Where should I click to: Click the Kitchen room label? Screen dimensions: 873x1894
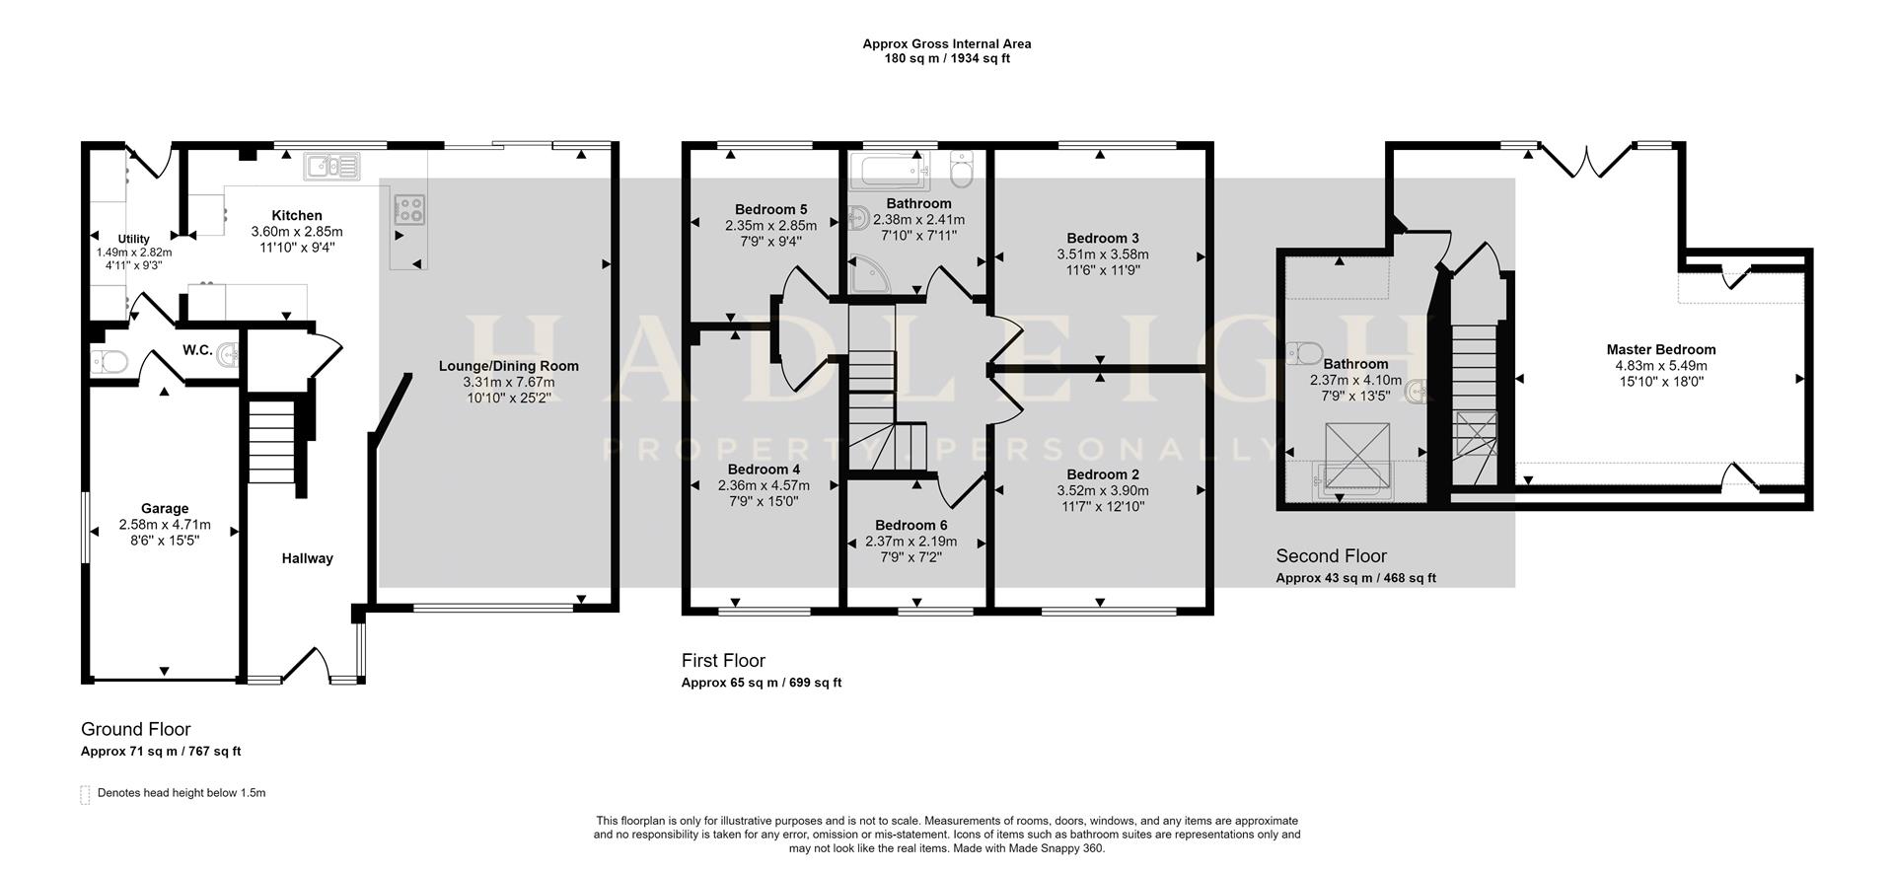[297, 215]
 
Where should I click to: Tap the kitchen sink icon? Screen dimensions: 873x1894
[332, 166]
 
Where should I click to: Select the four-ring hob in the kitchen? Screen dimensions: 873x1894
[410, 210]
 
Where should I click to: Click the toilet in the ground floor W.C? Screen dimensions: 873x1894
[108, 361]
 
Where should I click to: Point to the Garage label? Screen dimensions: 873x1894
[165, 509]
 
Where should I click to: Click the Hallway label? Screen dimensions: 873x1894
[308, 558]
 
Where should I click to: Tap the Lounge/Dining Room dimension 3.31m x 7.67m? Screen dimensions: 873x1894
[509, 382]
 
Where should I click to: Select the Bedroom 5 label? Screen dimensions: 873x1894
[770, 209]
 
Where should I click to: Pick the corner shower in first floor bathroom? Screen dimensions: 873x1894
[868, 275]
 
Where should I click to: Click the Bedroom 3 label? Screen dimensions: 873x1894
[1103, 238]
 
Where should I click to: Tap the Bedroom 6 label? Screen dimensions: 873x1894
[911, 525]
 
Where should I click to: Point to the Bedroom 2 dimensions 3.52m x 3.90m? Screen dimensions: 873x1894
[1102, 490]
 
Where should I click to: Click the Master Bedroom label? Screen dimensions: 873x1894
[1660, 349]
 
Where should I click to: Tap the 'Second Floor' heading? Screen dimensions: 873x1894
[1331, 555]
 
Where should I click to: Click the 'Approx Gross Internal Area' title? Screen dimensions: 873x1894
[946, 43]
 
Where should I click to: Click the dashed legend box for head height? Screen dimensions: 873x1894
[85, 794]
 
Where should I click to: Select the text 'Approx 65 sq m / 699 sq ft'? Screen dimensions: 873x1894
[761, 683]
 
